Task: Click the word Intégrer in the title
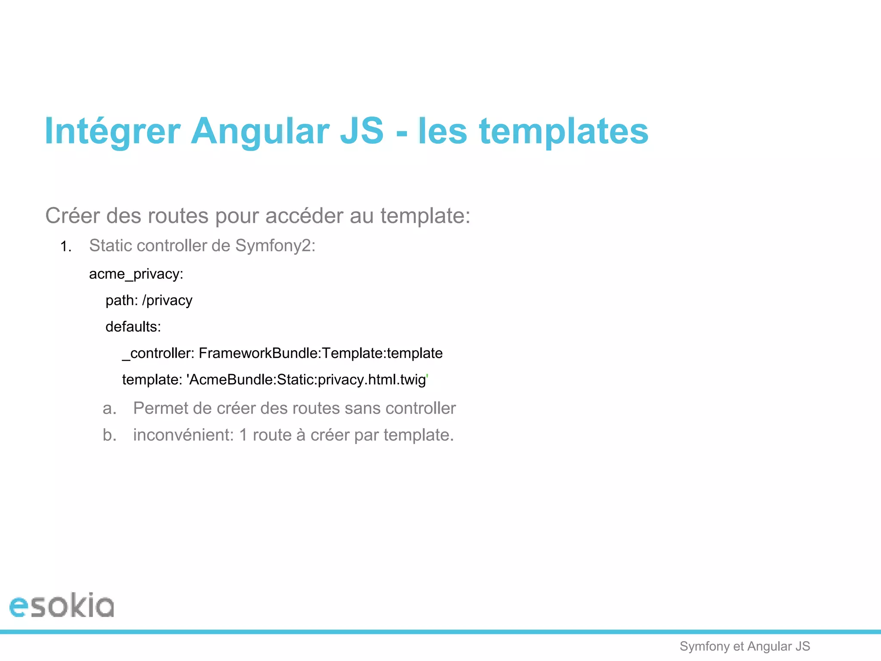point(112,131)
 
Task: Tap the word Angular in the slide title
point(260,131)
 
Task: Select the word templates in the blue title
point(564,131)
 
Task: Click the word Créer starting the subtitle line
point(72,216)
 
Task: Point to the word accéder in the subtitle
point(304,216)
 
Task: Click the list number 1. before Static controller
point(66,247)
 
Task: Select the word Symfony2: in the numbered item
point(275,246)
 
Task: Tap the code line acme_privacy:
point(136,274)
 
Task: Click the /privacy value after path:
point(167,300)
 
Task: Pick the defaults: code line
point(133,327)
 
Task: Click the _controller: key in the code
point(158,353)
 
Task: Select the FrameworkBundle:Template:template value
point(320,353)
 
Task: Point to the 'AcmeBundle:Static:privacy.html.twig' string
point(307,380)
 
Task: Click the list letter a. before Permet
point(110,408)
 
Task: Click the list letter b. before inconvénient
point(110,435)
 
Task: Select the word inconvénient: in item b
point(183,435)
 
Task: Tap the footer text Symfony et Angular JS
point(745,646)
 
